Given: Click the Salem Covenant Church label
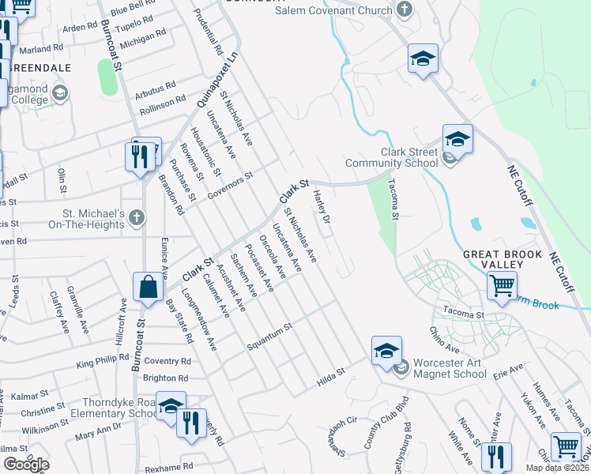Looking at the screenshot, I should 333,10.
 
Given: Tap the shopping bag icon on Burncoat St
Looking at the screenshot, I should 148,288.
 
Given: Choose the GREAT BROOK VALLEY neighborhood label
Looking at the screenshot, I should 503,260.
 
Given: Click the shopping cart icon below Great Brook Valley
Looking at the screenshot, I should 502,285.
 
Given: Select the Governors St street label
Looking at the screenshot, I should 229,184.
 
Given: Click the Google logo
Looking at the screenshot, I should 26,464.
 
